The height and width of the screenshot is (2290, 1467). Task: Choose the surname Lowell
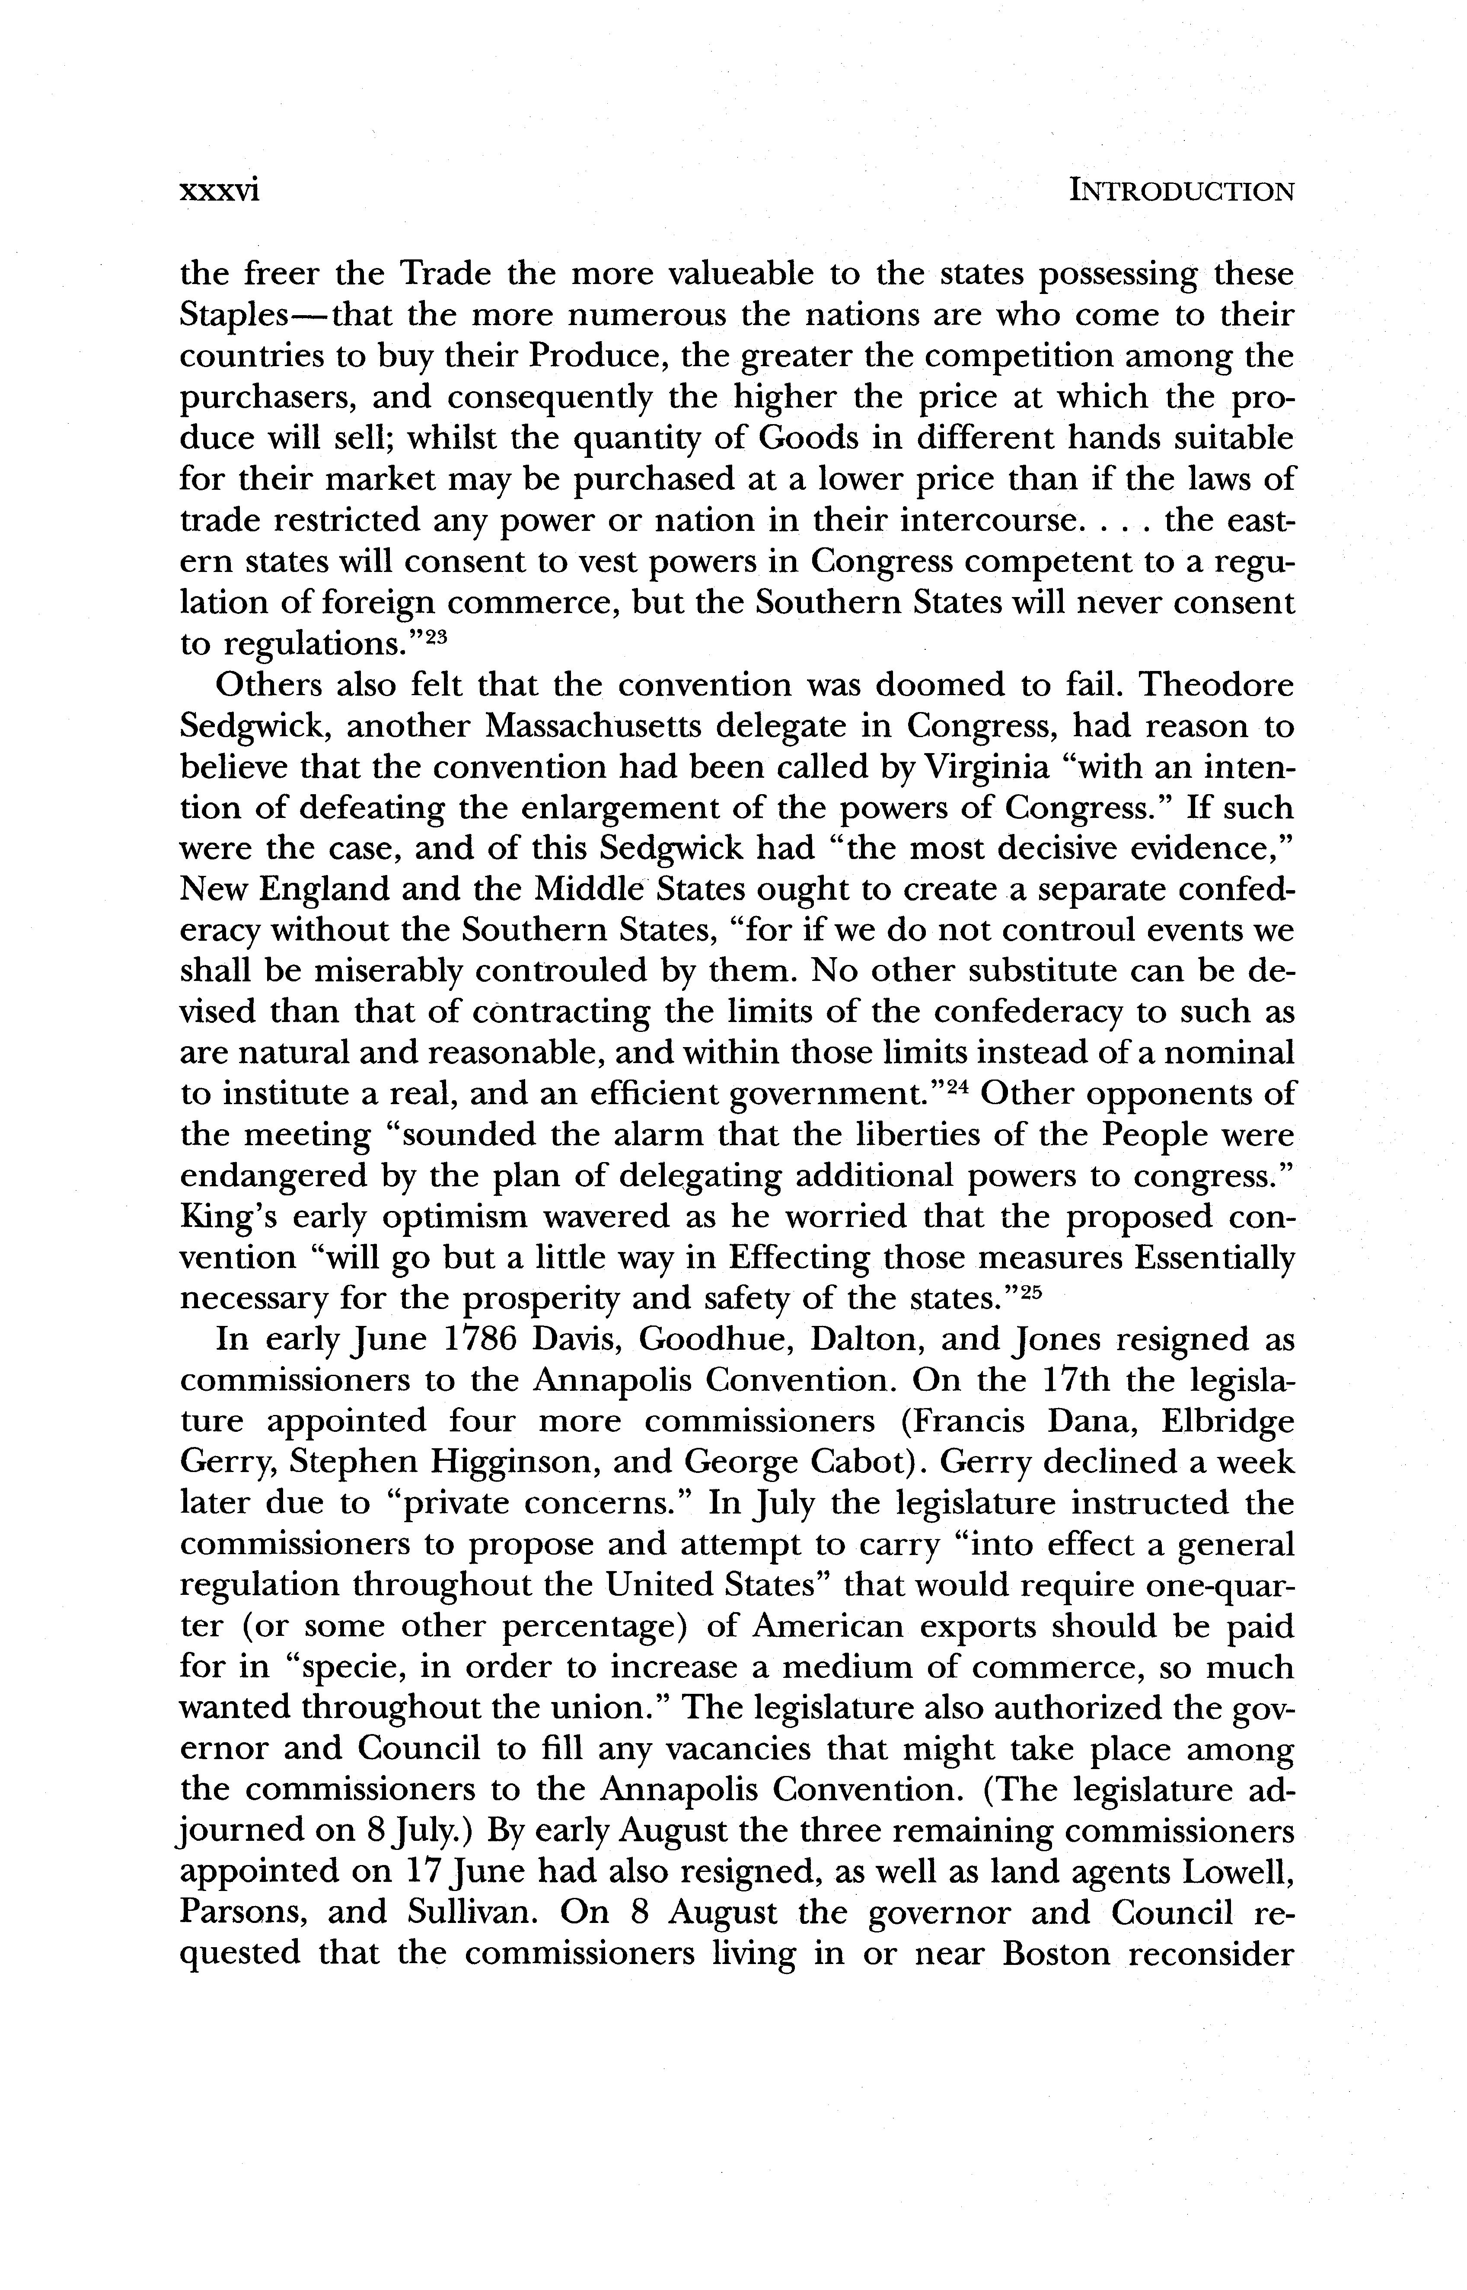(x=1237, y=1873)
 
